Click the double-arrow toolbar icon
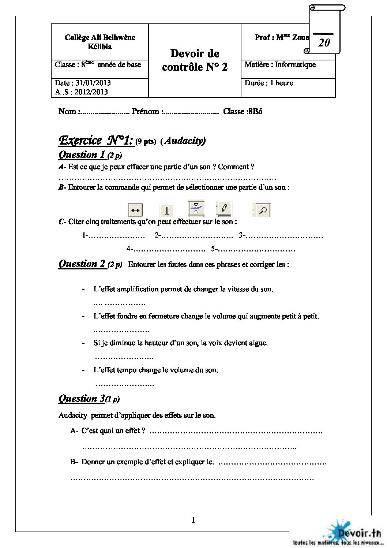(x=135, y=210)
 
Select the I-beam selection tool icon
(x=166, y=210)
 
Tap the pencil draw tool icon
(x=223, y=209)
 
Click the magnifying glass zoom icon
(x=263, y=210)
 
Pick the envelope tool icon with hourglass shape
(x=196, y=208)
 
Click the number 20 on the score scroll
(x=324, y=43)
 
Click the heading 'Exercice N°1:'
(x=96, y=140)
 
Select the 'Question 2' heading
(x=82, y=264)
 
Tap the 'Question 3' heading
(x=82, y=398)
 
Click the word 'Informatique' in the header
(x=295, y=64)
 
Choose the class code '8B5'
(x=255, y=111)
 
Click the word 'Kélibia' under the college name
(x=99, y=46)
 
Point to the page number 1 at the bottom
(x=193, y=520)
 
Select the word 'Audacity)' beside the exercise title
(x=185, y=141)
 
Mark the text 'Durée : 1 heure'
(x=269, y=83)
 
